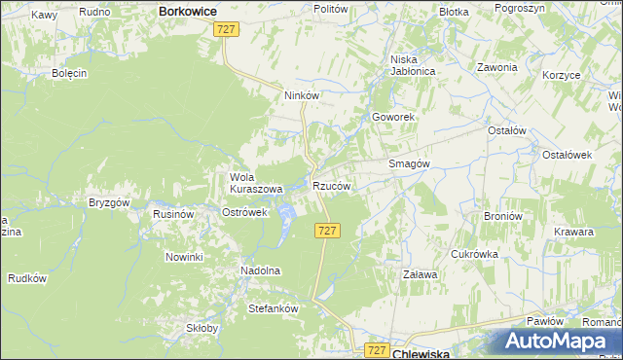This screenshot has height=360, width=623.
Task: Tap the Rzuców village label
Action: pyautogui.click(x=331, y=186)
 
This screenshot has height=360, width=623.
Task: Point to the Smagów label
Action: pyautogui.click(x=410, y=164)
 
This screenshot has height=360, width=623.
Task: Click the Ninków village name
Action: pyautogui.click(x=302, y=95)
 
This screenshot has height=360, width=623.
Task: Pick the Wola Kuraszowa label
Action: pyautogui.click(x=255, y=183)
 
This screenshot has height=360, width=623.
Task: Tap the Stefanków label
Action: pyautogui.click(x=273, y=307)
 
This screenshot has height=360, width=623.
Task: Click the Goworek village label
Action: pyautogui.click(x=393, y=117)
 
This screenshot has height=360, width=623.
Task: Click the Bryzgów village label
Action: pyautogui.click(x=109, y=202)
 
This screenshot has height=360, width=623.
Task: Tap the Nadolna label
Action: pyautogui.click(x=260, y=270)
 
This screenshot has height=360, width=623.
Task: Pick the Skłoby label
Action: pyautogui.click(x=202, y=329)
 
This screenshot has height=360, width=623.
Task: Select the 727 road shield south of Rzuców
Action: pyautogui.click(x=328, y=230)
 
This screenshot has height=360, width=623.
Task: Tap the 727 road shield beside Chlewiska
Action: pyautogui.click(x=379, y=348)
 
